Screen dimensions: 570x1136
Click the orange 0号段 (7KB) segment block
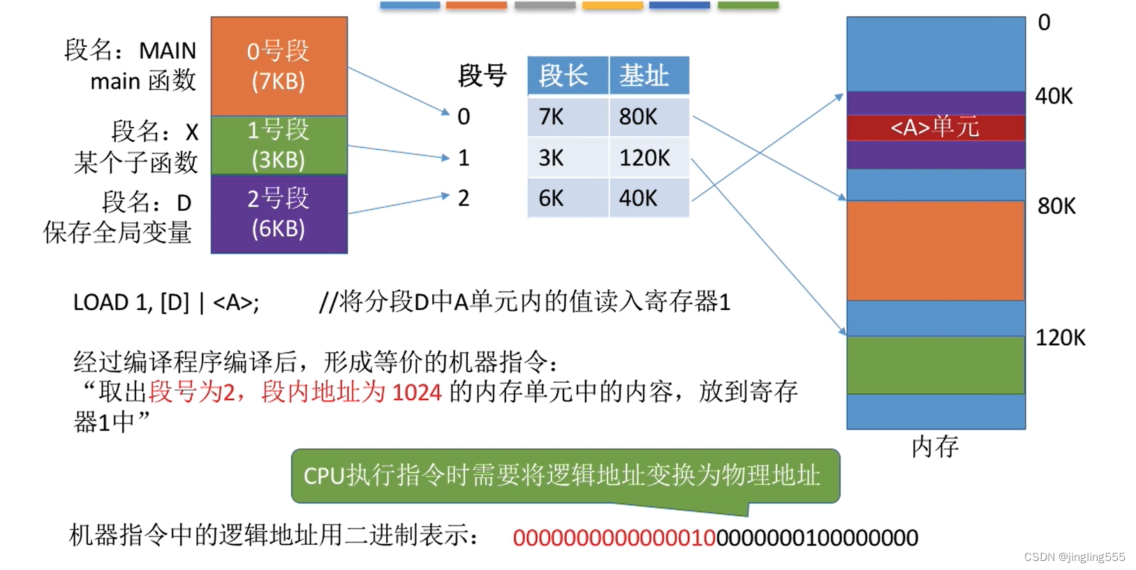pos(279,66)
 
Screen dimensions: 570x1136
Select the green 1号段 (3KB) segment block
pos(279,145)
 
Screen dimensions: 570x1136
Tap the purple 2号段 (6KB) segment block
pos(279,213)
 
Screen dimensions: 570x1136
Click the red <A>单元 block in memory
pos(935,128)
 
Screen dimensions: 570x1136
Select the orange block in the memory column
pos(935,250)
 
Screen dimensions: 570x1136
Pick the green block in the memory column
pos(935,365)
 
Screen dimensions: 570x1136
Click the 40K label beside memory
pos(1054,96)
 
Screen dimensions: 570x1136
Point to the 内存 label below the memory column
pos(935,446)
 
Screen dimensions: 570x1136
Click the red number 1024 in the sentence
pos(417,393)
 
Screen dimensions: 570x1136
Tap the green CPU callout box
pos(565,476)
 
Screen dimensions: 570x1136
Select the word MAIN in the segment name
pos(168,51)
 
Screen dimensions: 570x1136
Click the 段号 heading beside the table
pos(482,75)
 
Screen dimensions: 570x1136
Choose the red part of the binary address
pos(614,538)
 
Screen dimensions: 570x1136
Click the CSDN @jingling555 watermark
pos(1074,557)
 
